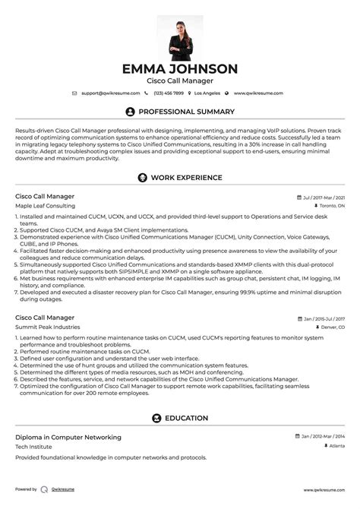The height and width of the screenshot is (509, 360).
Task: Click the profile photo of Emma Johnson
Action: (180, 37)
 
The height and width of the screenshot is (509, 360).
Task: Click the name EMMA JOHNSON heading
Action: (180, 68)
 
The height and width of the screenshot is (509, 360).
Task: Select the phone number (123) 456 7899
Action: (168, 93)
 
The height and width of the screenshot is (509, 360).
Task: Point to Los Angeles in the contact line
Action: (207, 93)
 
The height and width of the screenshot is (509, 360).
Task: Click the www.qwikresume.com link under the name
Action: (258, 93)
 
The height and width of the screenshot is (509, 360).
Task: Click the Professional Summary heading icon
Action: (130, 112)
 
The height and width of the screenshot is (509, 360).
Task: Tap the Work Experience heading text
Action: (186, 178)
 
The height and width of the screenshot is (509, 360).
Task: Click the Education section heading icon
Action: (156, 418)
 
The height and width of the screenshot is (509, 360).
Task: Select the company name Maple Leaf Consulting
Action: (44, 205)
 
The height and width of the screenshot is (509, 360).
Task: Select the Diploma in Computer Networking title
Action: (68, 437)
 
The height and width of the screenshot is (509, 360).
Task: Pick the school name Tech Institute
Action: (33, 446)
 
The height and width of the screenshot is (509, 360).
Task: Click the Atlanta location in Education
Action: (334, 446)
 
